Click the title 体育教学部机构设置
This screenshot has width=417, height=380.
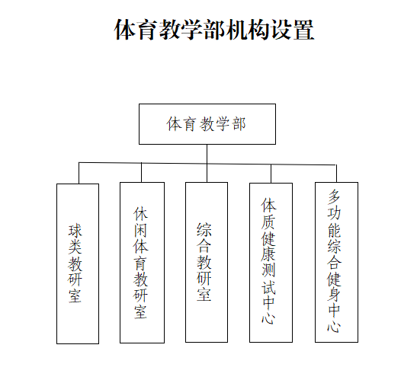click(x=214, y=30)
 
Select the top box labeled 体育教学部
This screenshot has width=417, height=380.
click(x=207, y=124)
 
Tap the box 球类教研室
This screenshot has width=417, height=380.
click(x=78, y=263)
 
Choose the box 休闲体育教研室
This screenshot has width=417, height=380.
click(x=142, y=263)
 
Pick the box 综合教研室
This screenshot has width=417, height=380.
click(x=207, y=262)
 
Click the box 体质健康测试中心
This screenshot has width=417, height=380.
click(x=271, y=263)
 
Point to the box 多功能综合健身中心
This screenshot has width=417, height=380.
click(x=336, y=262)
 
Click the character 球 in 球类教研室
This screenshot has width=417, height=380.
click(x=75, y=231)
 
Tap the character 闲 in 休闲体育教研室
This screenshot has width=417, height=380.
click(x=140, y=231)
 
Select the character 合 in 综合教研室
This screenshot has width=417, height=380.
click(x=204, y=246)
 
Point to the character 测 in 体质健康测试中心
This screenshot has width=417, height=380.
click(x=268, y=270)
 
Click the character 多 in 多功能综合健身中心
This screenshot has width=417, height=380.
click(x=334, y=196)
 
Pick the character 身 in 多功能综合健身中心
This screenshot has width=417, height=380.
click(x=334, y=295)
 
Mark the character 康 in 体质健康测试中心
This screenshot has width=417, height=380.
click(x=268, y=254)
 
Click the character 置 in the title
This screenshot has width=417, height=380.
click(x=303, y=30)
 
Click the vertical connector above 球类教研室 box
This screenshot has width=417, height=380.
click(x=79, y=173)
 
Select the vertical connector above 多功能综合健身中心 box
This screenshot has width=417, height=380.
click(x=336, y=174)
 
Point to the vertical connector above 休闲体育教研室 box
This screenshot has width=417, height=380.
click(x=141, y=172)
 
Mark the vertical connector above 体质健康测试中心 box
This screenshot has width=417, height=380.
click(x=271, y=174)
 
